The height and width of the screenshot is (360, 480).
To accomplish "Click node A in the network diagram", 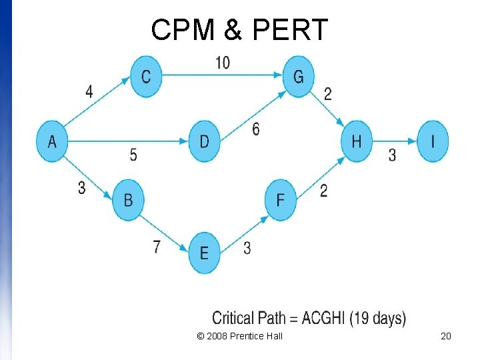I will (x=52, y=141).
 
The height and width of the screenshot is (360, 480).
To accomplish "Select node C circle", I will (x=146, y=77).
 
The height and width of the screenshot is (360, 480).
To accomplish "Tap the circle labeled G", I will (x=298, y=77).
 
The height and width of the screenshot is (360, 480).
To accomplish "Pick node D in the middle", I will (x=204, y=141).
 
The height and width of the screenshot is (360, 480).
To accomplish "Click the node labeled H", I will (x=357, y=141).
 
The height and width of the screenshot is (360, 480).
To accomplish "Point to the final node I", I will (x=433, y=141).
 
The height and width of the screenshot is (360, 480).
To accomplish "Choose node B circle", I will (x=128, y=199).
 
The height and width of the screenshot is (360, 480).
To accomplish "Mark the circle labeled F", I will (x=280, y=199).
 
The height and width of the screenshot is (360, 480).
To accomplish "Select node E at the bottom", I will (x=204, y=252).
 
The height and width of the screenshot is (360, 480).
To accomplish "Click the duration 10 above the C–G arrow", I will (x=222, y=63).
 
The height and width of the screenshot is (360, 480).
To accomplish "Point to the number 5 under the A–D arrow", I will (x=133, y=155).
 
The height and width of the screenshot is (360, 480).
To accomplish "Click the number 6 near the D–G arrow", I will (x=256, y=129).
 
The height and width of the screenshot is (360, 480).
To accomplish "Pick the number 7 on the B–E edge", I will (x=157, y=247).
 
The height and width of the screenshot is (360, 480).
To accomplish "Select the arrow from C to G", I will (x=222, y=75).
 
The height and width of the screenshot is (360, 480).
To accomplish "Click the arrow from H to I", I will (x=395, y=141).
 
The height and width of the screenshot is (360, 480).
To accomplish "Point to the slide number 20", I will (x=446, y=336).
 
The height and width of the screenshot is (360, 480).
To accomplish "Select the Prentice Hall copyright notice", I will (x=240, y=336).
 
